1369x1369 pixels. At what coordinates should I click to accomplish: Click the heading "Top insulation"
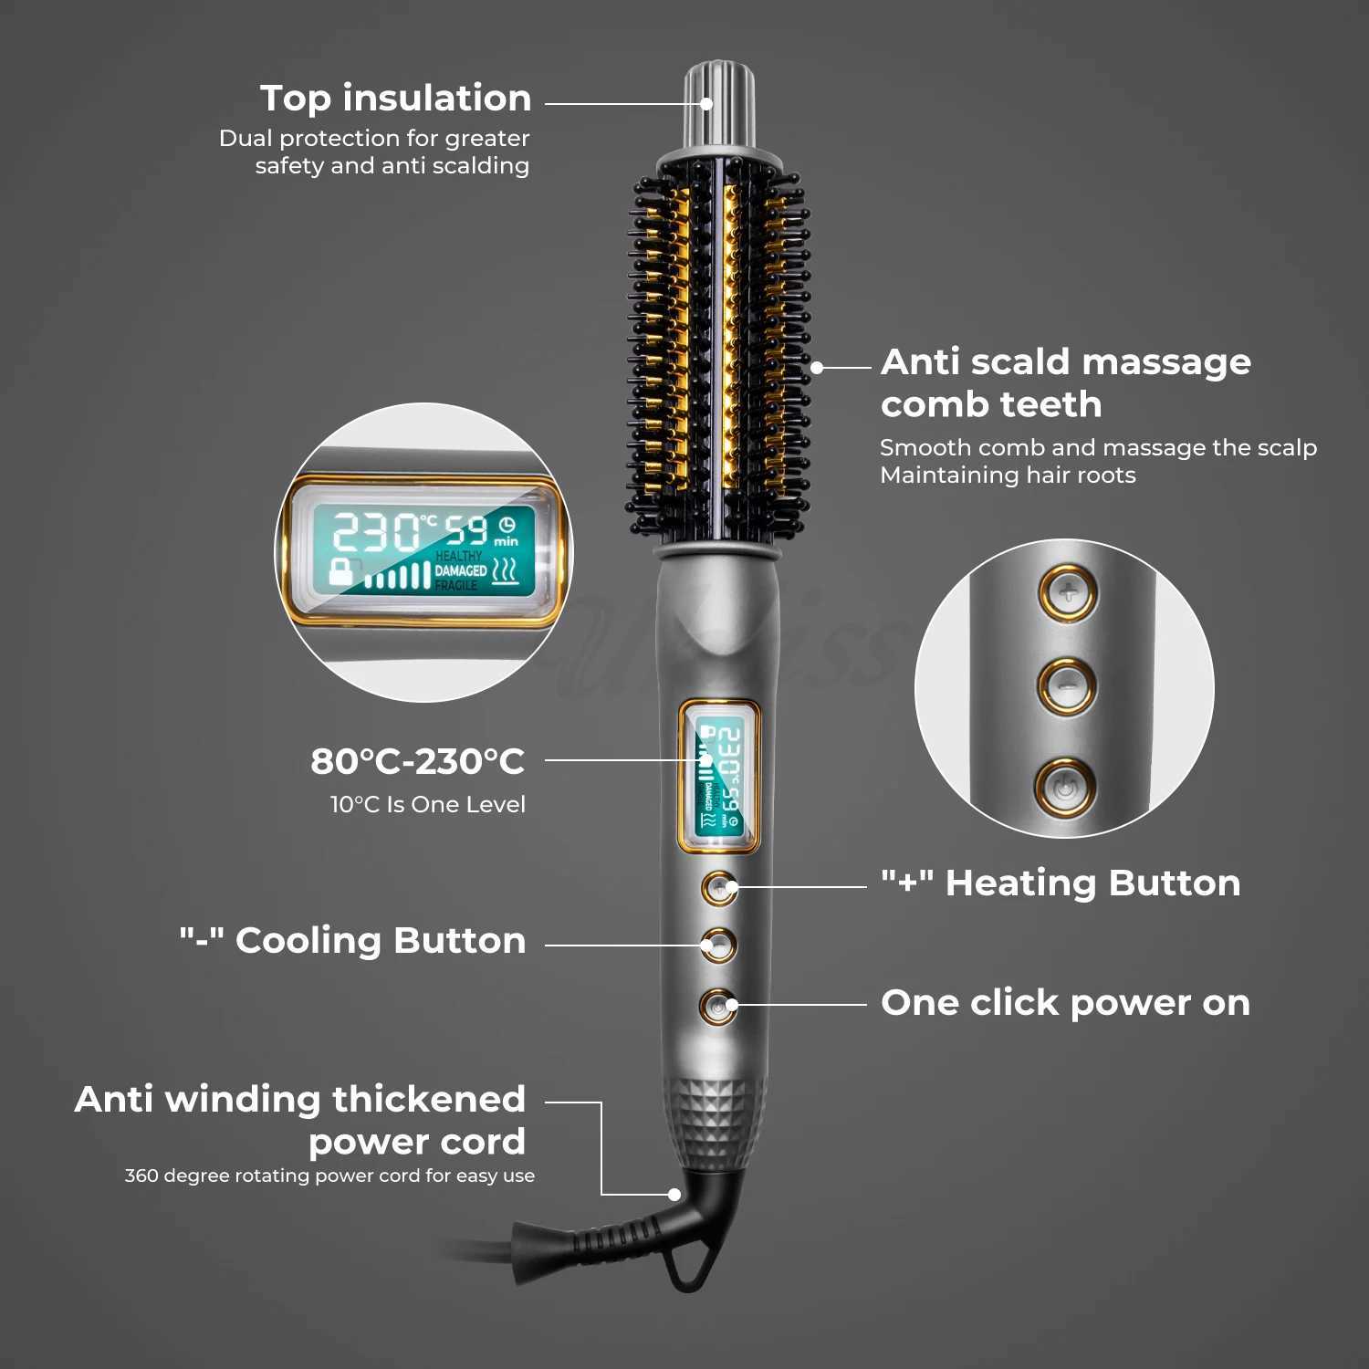395,98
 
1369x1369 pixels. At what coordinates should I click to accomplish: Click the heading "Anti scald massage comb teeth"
1065,382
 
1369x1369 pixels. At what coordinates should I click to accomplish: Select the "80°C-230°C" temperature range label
417,760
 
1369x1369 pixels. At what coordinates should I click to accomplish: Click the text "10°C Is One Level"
427,804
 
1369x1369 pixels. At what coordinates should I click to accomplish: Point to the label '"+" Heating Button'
1061,883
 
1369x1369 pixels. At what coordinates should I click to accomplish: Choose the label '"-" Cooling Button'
352,940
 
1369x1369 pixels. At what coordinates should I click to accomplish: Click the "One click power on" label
1065,1002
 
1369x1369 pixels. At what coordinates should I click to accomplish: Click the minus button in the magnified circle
1067,685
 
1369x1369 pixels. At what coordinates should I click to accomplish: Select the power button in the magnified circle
1065,786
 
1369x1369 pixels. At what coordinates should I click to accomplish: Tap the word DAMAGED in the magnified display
461,570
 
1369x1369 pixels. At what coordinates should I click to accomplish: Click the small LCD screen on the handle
719,777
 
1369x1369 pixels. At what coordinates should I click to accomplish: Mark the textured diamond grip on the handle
715,1123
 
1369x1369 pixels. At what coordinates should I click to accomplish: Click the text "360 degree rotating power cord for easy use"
329,1176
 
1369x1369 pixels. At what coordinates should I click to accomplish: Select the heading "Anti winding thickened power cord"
300,1120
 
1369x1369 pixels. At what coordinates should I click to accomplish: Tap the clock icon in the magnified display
507,524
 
